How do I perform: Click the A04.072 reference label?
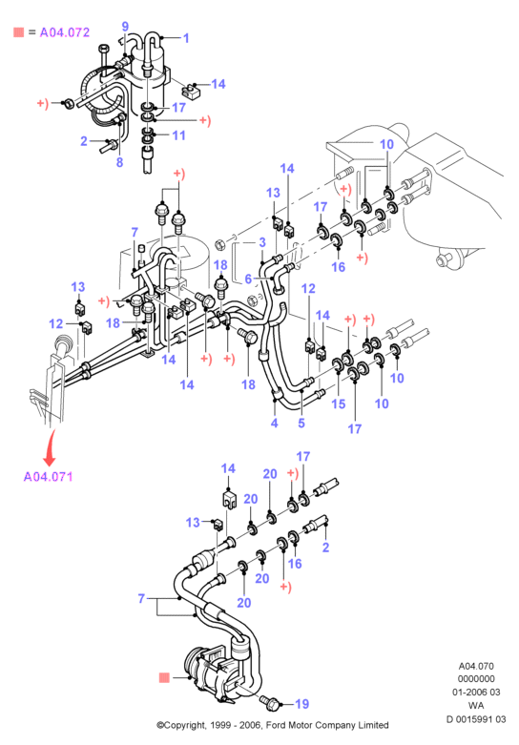pos(65,32)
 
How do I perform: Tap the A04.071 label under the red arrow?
pos(48,477)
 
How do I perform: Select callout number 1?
pos(186,38)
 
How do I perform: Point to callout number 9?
pos(125,27)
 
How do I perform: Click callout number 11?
pos(178,135)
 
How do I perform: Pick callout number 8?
pos(120,162)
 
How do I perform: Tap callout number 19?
pos(302,704)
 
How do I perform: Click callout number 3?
pos(262,242)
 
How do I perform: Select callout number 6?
pos(248,279)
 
